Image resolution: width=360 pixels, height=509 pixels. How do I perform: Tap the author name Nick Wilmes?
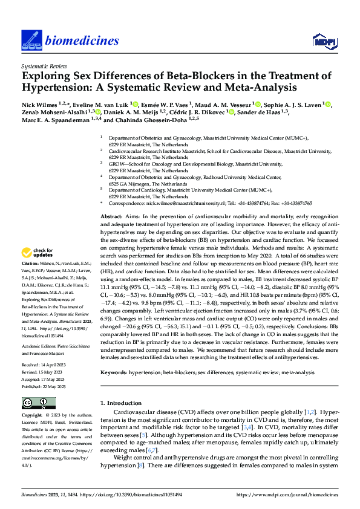[40, 105]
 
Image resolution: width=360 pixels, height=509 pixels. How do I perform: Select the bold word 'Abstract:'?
[111, 216]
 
